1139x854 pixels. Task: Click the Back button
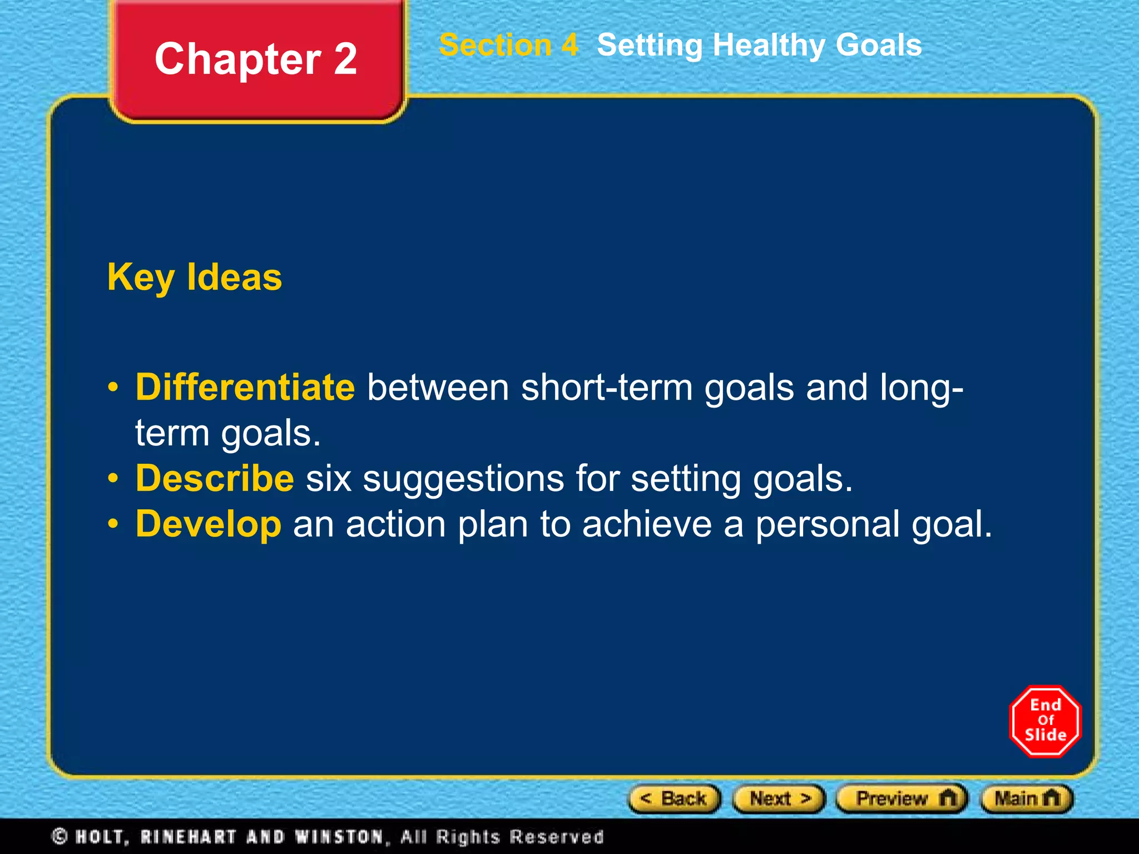[x=674, y=799]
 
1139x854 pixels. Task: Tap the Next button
[x=779, y=799]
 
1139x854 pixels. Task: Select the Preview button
[x=902, y=799]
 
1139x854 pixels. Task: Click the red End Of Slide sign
[x=1045, y=721]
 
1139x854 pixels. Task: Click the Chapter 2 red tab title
[x=256, y=59]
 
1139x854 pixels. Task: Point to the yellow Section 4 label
[x=508, y=45]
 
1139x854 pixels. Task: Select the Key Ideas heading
[x=195, y=277]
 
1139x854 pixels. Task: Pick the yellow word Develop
[x=209, y=524]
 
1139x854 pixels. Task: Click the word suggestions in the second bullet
[x=463, y=479]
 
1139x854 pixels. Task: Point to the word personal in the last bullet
[x=827, y=525]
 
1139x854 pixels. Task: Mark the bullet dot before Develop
[x=113, y=524]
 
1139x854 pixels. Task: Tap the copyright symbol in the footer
[x=60, y=836]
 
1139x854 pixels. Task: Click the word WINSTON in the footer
[x=339, y=836]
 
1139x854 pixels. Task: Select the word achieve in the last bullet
[x=647, y=524]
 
